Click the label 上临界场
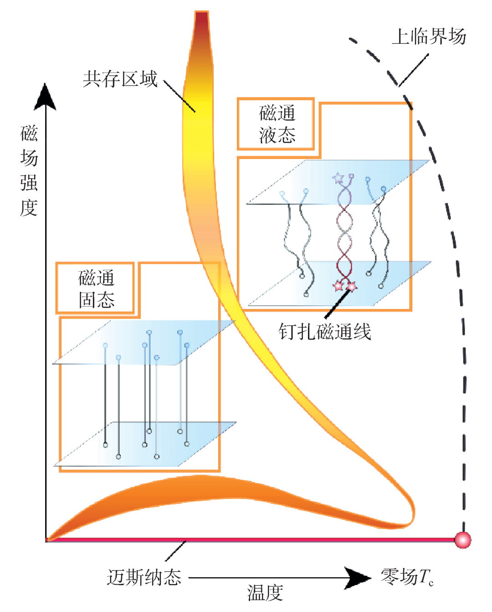coord(429,36)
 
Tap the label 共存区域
coord(120,79)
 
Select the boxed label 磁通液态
coord(277,124)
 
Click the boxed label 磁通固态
coord(96,288)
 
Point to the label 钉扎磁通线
coord(324,331)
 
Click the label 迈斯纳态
coord(144,577)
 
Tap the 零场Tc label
coord(407,577)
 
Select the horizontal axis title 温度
coord(265,593)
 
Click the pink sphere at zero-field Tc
coord(463,540)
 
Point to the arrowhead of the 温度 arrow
coord(358,578)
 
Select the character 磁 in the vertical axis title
coord(29,134)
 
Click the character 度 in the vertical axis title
coord(29,208)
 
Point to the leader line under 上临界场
coord(414,70)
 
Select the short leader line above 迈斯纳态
coord(175,550)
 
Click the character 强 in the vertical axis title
coord(29,183)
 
